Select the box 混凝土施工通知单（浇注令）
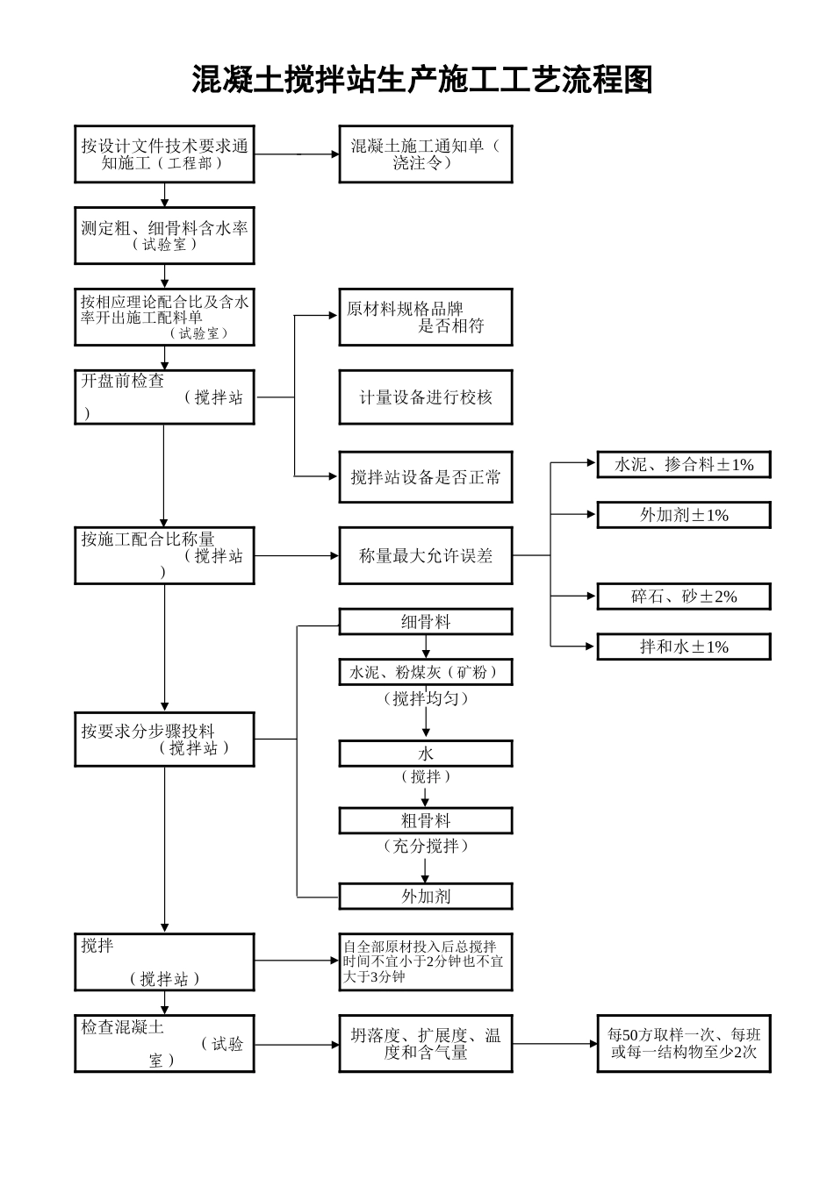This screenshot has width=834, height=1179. click(425, 154)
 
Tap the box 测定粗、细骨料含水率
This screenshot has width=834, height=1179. click(164, 236)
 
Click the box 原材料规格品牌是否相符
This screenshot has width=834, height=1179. click(425, 318)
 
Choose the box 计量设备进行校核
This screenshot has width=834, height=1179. click(425, 397)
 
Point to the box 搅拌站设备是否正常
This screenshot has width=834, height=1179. click(425, 477)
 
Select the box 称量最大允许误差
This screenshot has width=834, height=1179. click(425, 555)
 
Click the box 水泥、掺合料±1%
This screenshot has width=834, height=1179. click(683, 465)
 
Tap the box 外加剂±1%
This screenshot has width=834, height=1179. click(683, 515)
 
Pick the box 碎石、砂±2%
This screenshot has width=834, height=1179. click(683, 597)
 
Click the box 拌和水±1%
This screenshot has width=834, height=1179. click(683, 647)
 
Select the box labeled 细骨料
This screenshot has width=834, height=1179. click(425, 622)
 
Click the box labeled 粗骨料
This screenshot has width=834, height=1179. click(425, 821)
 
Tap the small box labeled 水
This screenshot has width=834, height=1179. click(425, 754)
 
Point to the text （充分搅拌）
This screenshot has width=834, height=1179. click(426, 846)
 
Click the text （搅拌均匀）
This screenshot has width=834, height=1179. click(426, 698)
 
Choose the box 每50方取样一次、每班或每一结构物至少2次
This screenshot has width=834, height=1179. click(683, 1044)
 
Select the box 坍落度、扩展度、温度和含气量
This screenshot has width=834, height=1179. click(425, 1044)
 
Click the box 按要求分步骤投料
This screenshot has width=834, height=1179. click(164, 740)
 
